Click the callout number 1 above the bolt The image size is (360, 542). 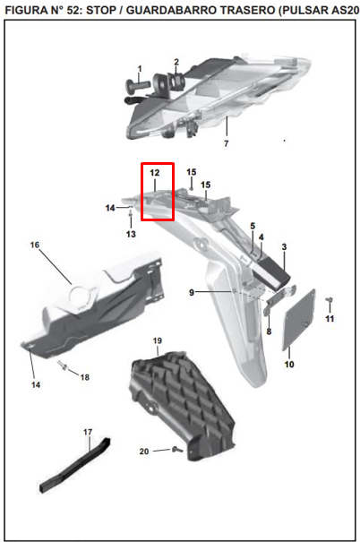140,69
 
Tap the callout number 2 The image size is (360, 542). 176,62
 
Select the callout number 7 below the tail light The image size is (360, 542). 227,143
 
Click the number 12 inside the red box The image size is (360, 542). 154,173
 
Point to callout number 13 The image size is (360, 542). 131,234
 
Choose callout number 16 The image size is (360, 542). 35,245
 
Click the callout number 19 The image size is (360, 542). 158,340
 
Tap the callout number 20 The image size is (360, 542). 144,452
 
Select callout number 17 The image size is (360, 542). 88,432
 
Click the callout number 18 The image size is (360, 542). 85,377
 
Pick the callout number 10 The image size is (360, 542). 289,365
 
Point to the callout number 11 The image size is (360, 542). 330,318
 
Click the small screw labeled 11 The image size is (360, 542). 330,300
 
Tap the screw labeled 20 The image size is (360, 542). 177,450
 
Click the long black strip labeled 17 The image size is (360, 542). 74,465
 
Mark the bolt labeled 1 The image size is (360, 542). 138,85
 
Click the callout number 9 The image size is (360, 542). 192,292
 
